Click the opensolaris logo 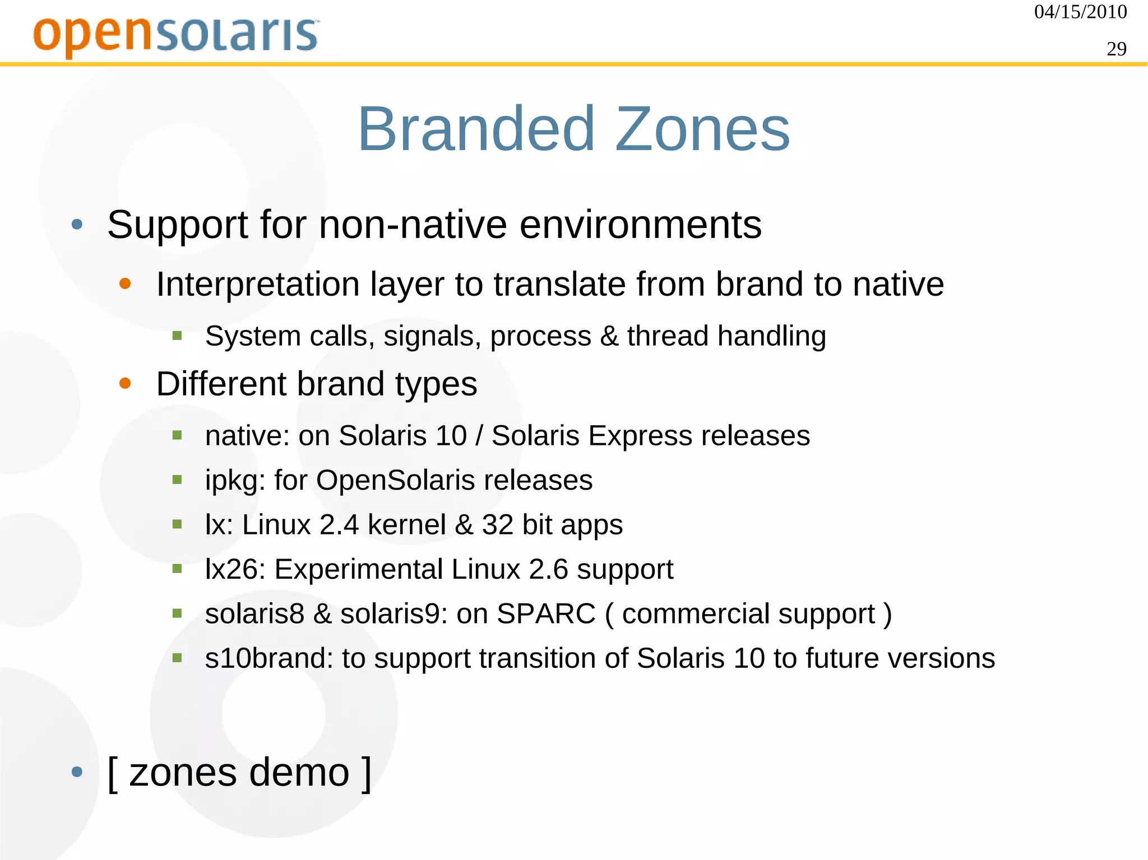[176, 35]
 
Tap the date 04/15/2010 [1080, 12]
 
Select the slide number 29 [1116, 49]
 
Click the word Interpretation [257, 284]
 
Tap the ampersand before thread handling [609, 336]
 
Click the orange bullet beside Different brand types [125, 384]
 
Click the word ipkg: [235, 481]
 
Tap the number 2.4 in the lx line [339, 525]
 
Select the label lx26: [235, 569]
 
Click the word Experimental [358, 569]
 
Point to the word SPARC [545, 613]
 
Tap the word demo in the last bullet [299, 773]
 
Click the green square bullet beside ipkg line [177, 480]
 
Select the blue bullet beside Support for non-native [77, 225]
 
